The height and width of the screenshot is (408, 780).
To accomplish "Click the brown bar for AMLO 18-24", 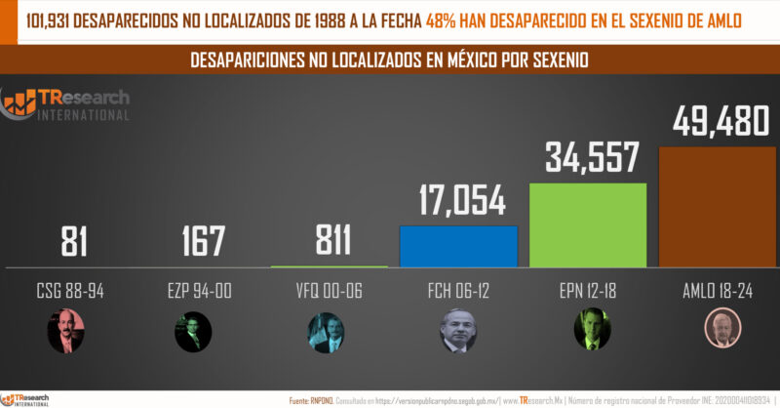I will [718, 206].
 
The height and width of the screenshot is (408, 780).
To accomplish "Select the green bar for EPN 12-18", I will [588, 224].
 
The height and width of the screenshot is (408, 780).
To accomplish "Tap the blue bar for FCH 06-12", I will [458, 245].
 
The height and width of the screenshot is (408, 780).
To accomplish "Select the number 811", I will [328, 241].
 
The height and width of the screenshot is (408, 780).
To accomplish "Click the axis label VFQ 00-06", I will [328, 291].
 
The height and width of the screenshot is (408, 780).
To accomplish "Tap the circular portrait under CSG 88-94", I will [66, 332].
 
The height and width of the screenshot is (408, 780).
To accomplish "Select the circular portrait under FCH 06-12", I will [458, 332].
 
